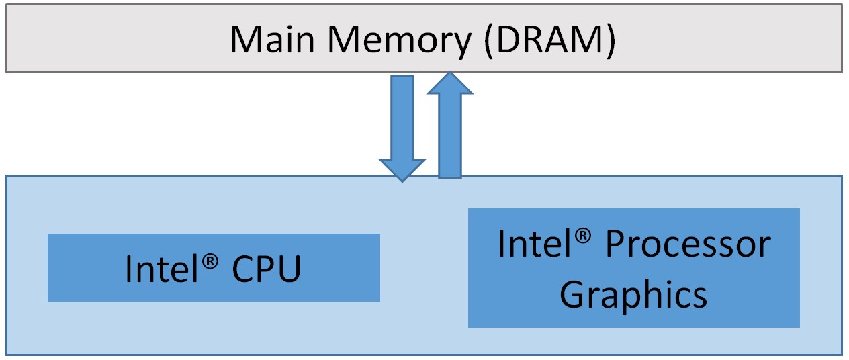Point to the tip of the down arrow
402,180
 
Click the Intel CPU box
214,267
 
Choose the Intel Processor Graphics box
633,267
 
